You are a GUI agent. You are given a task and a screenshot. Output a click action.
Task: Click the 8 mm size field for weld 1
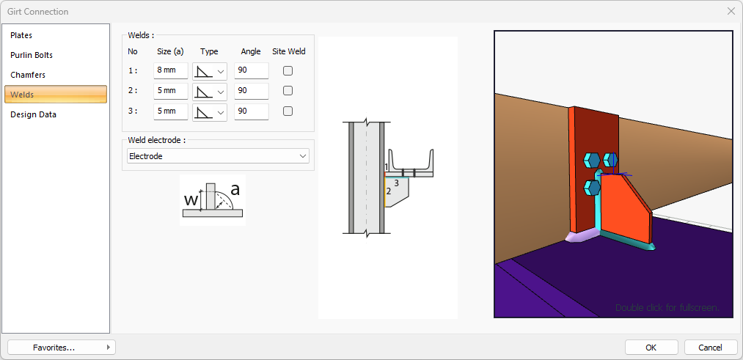pyautogui.click(x=170, y=71)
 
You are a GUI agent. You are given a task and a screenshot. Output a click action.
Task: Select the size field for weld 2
pyautogui.click(x=170, y=91)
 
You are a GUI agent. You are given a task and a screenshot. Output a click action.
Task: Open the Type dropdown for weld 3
pyautogui.click(x=210, y=111)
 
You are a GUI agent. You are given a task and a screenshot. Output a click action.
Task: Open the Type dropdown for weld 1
pyautogui.click(x=210, y=71)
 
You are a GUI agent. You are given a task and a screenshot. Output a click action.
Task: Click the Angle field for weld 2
pyautogui.click(x=251, y=91)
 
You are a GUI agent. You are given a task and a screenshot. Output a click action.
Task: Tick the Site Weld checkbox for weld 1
pyautogui.click(x=288, y=71)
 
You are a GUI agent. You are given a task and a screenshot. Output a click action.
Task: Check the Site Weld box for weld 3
pyautogui.click(x=288, y=111)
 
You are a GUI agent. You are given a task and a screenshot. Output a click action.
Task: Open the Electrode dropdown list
pyautogui.click(x=218, y=156)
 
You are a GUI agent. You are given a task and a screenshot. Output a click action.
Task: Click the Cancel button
pyautogui.click(x=710, y=347)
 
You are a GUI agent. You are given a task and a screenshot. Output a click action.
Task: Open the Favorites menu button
pyautogui.click(x=61, y=347)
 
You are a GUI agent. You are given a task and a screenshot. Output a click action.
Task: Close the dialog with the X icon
pyautogui.click(x=731, y=11)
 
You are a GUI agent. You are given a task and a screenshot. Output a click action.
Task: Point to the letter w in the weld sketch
pyautogui.click(x=190, y=199)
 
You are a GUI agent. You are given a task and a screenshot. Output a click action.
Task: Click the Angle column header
pyautogui.click(x=251, y=51)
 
